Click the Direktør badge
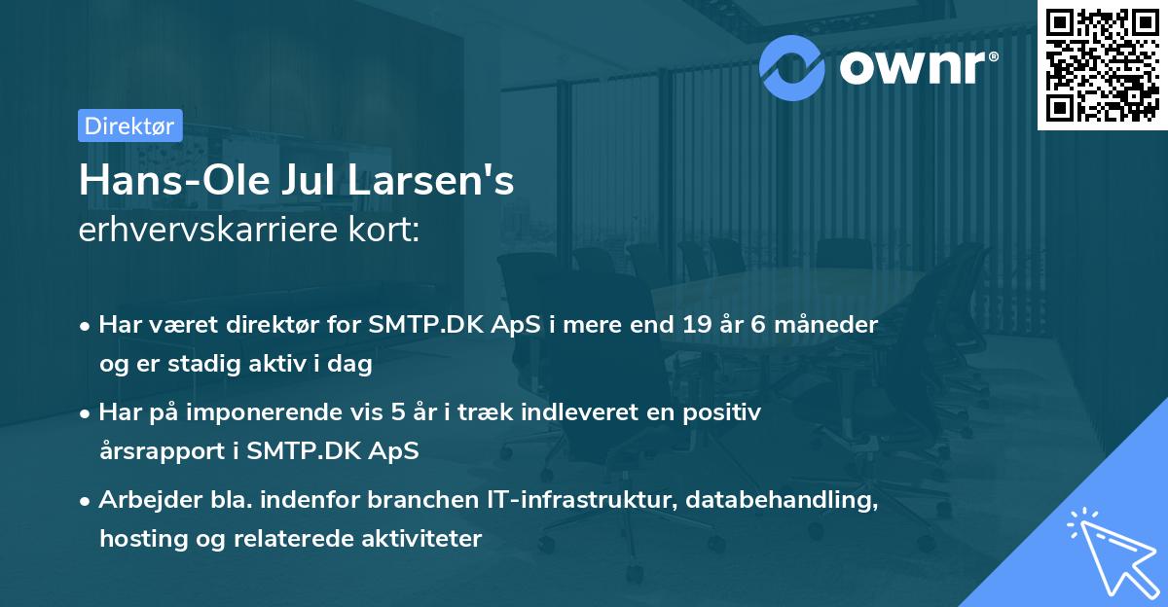(x=129, y=125)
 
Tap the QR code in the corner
(x=1103, y=64)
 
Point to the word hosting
(x=135, y=539)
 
